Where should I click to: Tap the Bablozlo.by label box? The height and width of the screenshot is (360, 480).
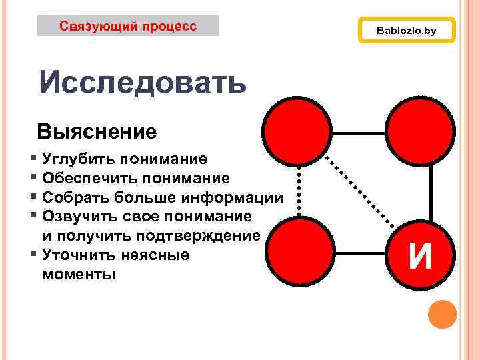point(406,31)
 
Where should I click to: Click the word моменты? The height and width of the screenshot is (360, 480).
point(79,275)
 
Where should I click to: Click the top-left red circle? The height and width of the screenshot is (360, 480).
point(297,129)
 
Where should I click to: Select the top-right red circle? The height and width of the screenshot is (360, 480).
point(421,129)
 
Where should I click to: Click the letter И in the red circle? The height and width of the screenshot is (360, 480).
point(421,256)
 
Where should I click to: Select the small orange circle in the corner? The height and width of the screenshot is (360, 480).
point(442,315)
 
